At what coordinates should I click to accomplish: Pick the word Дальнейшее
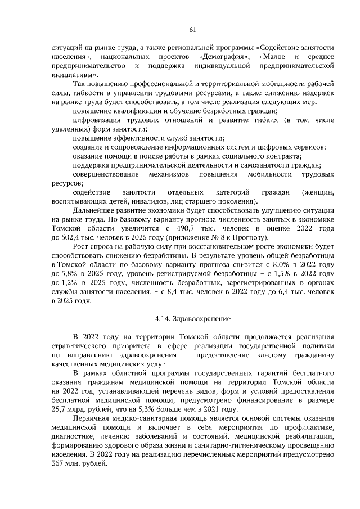93,210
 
